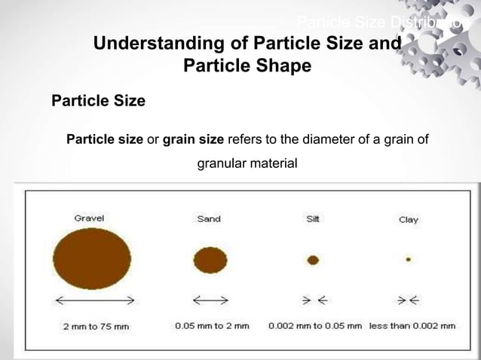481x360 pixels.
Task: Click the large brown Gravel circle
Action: pos(92,260)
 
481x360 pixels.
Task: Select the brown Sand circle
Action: pos(210,261)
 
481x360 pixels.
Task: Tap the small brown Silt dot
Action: pos(313,260)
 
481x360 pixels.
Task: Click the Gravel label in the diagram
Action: pos(89,218)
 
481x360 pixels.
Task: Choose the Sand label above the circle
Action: pos(209,219)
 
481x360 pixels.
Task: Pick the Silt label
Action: pos(313,219)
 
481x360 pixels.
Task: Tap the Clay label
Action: pos(408,220)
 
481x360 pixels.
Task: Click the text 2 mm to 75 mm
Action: pos(96,326)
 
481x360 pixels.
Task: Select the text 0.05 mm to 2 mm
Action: pos(212,326)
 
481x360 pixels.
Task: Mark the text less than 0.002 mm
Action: pos(412,326)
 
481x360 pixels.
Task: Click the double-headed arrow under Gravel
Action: pos(93,300)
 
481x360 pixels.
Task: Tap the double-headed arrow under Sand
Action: pos(210,300)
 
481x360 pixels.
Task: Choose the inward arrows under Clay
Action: pos(409,300)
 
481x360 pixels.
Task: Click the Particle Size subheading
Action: pos(98,101)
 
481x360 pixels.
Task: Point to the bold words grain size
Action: pos(193,139)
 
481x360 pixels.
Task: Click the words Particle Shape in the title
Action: pos(247,66)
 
